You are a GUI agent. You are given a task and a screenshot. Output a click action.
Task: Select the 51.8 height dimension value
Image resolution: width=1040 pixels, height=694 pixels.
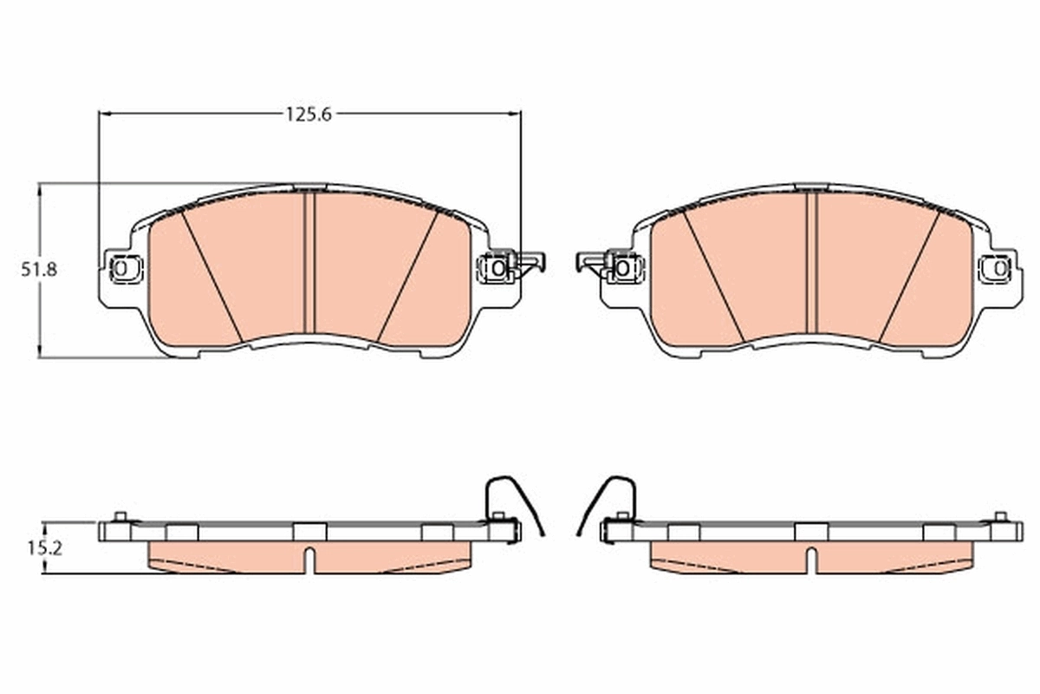(x=39, y=269)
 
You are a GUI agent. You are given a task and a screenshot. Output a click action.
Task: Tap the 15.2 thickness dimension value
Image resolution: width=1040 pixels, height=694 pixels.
(x=39, y=548)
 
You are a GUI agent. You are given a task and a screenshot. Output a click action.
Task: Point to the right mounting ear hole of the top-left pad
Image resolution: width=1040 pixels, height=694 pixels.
(x=497, y=268)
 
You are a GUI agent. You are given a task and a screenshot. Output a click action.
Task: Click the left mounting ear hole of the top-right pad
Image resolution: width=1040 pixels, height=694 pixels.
(x=621, y=268)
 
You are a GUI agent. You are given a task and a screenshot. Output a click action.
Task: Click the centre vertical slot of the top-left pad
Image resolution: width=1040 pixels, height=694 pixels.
(x=309, y=260)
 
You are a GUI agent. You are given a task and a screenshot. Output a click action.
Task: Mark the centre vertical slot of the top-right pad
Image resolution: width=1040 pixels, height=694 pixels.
(x=812, y=260)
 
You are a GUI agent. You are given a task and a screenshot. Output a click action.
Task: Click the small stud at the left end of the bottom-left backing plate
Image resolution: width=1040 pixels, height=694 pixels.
(x=120, y=518)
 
